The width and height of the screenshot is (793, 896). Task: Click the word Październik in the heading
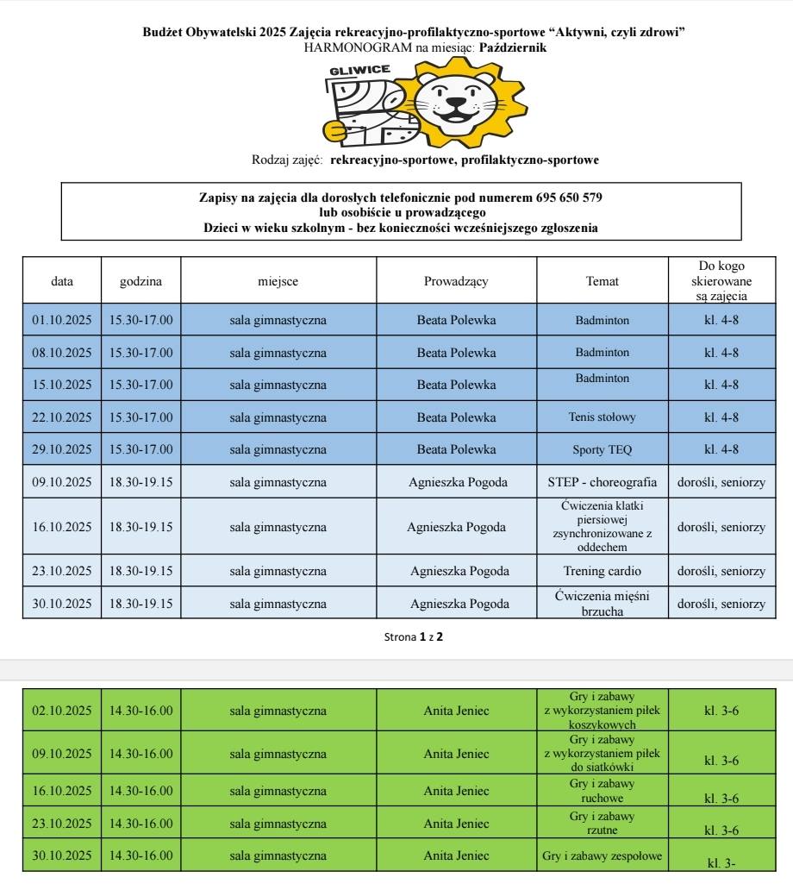(x=512, y=47)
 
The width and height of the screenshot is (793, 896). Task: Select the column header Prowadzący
(x=456, y=281)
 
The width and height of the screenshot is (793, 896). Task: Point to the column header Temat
(x=602, y=281)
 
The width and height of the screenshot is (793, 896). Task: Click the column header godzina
(x=140, y=281)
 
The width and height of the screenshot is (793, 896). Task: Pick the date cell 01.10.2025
(x=62, y=320)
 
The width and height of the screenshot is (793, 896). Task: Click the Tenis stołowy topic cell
(x=602, y=417)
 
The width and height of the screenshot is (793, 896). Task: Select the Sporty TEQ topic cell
(x=602, y=449)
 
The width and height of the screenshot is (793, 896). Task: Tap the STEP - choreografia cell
(x=602, y=482)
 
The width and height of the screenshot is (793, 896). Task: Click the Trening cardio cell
(x=602, y=571)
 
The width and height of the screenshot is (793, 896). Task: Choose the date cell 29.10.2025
(x=62, y=449)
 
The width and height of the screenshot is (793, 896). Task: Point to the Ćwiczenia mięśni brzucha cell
(x=602, y=603)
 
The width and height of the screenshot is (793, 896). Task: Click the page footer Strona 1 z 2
(x=415, y=637)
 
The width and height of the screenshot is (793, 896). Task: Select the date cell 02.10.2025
(x=62, y=711)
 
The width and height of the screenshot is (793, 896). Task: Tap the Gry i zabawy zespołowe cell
(x=602, y=856)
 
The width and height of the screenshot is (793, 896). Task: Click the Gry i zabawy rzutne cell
(x=602, y=824)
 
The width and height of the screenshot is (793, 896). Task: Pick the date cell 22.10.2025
(x=62, y=417)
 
